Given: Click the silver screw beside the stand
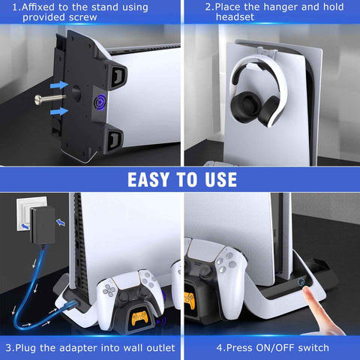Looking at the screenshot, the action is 49,99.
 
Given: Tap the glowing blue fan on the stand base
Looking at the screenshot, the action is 100,101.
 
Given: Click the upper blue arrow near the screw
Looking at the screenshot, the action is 59,85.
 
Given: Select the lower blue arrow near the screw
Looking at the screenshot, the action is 59,111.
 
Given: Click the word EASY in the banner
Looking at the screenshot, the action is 148,179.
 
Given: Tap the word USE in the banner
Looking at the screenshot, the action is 221,179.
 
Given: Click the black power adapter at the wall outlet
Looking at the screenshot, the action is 43,225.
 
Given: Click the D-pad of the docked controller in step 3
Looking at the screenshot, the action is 109,290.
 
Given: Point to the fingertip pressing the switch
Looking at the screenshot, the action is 305,291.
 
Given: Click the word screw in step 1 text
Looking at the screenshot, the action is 83,17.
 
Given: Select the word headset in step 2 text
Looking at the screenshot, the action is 235,17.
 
